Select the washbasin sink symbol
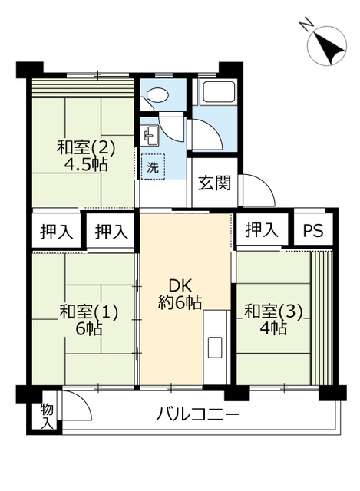coord(150,135)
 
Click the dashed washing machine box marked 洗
coord(153,166)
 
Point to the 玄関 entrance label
coord(215,183)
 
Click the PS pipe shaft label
coord(312,231)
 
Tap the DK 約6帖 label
coord(179,294)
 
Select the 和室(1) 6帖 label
coord(89,320)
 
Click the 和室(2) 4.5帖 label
coord(86,156)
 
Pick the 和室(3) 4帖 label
coord(273,320)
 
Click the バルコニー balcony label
coord(198,415)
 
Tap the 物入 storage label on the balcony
coord(47,416)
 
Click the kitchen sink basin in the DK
coord(215,346)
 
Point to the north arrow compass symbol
coord(327,45)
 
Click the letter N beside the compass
coord(306,24)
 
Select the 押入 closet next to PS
coord(262,230)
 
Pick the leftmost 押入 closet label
coord(56,232)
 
